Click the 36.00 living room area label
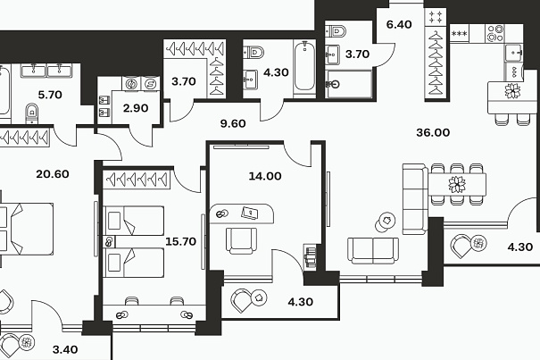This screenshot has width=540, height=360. click(433, 132)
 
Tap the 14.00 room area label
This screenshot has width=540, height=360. click(265, 176)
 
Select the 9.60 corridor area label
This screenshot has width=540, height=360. click(233, 123)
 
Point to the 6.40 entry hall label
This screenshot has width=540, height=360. click(399, 24)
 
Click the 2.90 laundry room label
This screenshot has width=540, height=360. click(136, 108)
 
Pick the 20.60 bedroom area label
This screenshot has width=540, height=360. click(53, 174)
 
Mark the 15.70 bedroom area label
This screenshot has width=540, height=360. click(181, 241)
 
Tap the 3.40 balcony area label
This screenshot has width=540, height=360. click(65, 349)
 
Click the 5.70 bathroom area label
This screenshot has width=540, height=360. click(50, 95)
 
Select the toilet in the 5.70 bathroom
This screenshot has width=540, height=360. click(31, 113)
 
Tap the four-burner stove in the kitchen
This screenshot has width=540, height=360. click(494, 33)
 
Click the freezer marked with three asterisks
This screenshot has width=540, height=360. click(460, 33)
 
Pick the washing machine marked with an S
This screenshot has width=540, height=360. click(150, 83)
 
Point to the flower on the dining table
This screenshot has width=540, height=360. click(457, 184)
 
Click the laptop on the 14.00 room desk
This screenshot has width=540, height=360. click(250, 213)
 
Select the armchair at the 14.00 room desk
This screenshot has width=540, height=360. click(241, 240)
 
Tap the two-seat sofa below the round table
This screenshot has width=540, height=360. click(373, 251)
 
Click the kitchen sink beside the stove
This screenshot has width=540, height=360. click(513, 53)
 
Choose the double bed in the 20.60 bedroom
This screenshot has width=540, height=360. click(26, 230)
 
